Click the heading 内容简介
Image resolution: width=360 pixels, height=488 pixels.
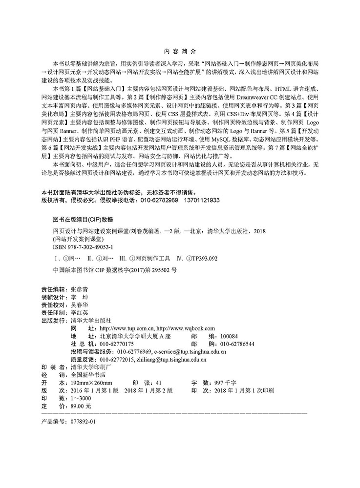click(179, 50)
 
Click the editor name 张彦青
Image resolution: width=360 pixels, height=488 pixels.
click(81, 289)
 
